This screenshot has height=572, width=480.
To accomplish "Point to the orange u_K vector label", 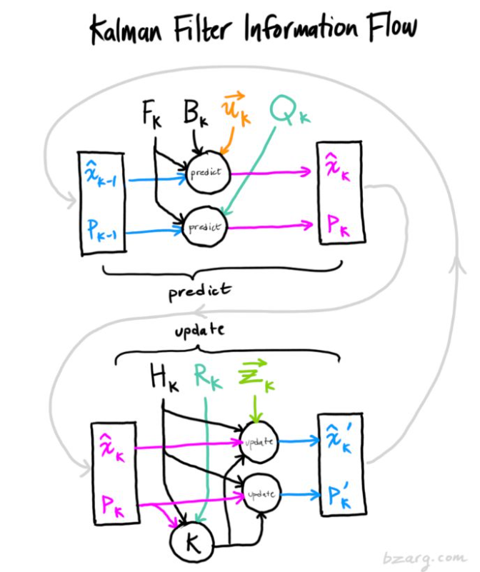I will coord(236,112).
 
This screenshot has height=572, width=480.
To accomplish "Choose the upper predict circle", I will coord(206,173).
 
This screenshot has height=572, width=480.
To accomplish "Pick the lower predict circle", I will coord(205,227).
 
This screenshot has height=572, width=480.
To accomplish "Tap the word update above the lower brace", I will coord(199,331).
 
